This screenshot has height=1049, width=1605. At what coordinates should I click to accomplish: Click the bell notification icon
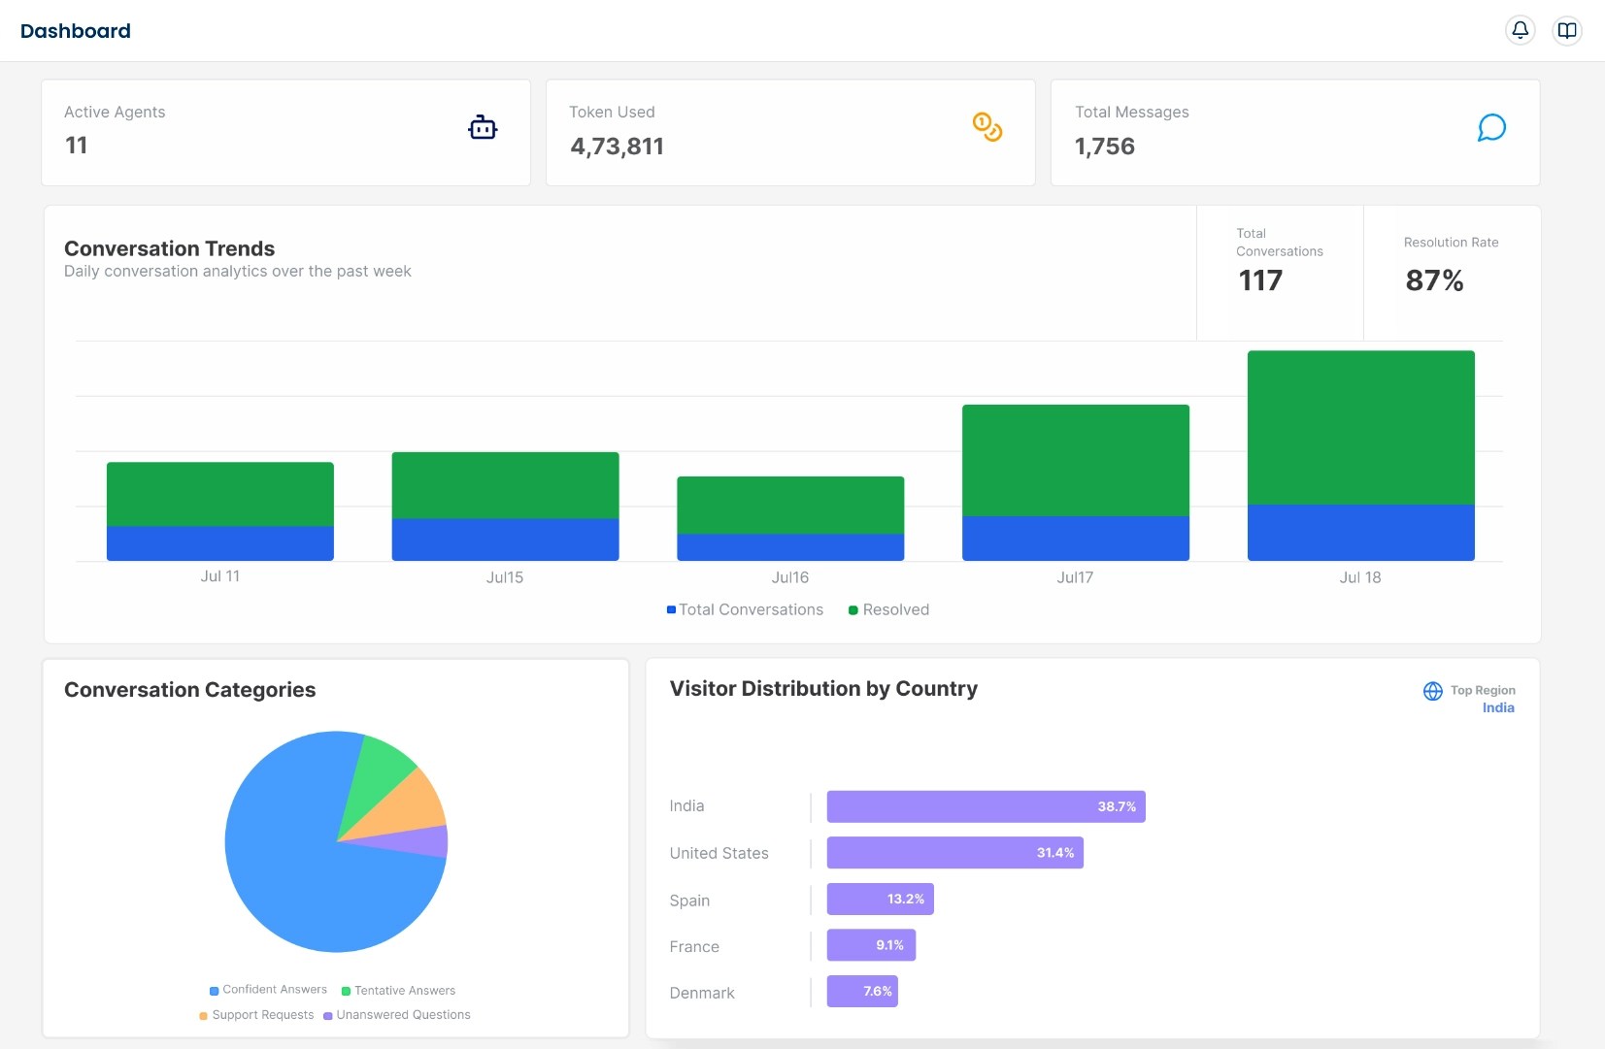[x=1520, y=30]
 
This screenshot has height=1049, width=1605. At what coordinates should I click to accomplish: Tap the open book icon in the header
[x=1566, y=30]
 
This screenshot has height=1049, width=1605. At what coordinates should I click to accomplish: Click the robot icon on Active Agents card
[x=483, y=127]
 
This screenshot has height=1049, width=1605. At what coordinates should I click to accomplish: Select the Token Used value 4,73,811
[x=617, y=147]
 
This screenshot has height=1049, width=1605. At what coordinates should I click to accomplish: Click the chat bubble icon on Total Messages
[x=1490, y=128]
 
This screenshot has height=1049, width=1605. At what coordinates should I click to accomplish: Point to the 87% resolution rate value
[x=1433, y=280]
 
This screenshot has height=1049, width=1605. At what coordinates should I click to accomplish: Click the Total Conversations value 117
[x=1259, y=280]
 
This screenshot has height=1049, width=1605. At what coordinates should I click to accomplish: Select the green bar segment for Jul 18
[x=1360, y=427]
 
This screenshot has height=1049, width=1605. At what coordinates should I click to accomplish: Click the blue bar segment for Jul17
[x=1075, y=538]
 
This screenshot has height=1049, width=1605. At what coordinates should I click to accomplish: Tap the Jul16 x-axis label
[x=789, y=577]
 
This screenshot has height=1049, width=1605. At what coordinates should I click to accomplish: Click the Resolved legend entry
[x=888, y=609]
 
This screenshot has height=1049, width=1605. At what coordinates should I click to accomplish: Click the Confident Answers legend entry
[x=269, y=990]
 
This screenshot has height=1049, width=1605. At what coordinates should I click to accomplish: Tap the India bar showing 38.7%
[x=986, y=806]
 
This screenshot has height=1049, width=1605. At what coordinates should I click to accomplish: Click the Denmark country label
[x=701, y=993]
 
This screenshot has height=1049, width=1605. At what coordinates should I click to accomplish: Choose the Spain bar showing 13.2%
[x=879, y=899]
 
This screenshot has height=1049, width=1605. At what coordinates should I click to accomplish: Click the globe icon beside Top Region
[x=1432, y=691]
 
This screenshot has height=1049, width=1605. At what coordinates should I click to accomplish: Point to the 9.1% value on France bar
[x=889, y=945]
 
